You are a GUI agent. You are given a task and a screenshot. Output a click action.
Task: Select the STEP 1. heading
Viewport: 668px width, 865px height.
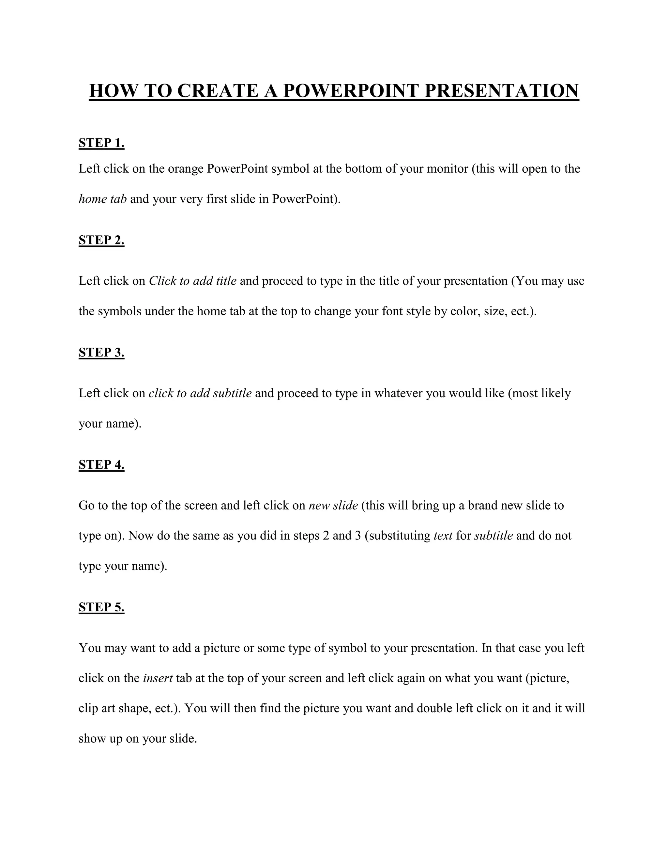(x=101, y=143)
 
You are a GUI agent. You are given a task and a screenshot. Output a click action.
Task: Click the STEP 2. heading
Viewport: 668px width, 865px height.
(x=101, y=240)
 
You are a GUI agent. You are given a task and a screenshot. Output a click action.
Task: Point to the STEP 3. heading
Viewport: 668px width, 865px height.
(x=101, y=352)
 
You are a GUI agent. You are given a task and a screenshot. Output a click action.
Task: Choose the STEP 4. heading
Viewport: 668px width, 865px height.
(x=101, y=464)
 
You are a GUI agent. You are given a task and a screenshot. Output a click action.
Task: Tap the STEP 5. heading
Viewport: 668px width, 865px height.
(x=101, y=607)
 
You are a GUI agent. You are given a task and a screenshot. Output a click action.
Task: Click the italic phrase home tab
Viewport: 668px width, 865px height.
(x=102, y=199)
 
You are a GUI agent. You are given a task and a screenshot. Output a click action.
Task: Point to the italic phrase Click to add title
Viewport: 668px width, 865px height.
(x=192, y=281)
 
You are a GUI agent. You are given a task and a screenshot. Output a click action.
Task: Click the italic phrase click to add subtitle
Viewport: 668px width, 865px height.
(x=200, y=393)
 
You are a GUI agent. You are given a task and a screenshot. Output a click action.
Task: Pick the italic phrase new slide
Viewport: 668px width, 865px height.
(x=333, y=505)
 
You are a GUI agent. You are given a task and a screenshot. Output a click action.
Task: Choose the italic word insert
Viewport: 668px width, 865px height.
(x=158, y=678)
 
